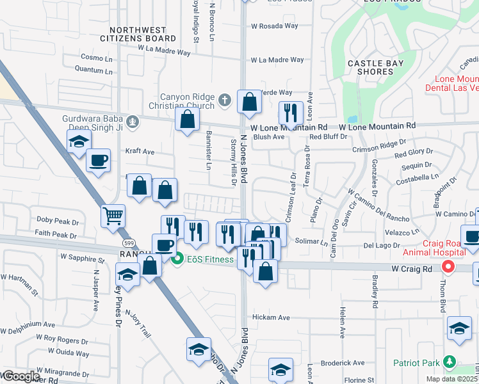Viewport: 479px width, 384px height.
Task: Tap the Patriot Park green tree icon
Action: click(450, 362)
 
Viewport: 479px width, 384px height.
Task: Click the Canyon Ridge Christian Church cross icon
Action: click(223, 100)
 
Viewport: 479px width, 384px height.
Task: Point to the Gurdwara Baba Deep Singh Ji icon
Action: click(133, 120)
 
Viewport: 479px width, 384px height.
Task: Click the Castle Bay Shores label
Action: click(369, 67)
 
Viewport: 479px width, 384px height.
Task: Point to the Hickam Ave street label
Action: click(272, 317)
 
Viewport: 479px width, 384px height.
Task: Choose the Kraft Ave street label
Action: click(140, 152)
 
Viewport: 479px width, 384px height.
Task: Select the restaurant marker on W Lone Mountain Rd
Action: click(291, 113)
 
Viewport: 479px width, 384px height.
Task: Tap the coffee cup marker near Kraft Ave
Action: click(98, 160)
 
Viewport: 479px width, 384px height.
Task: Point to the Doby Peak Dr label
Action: click(57, 221)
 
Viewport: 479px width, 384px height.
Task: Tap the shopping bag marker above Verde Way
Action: click(249, 100)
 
